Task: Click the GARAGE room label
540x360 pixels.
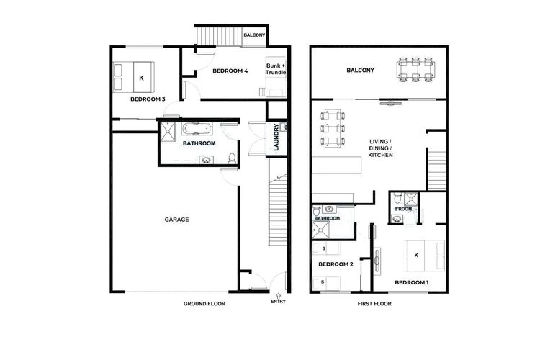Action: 176,220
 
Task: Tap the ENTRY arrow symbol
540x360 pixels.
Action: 278,295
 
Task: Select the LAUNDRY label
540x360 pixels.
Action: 276,137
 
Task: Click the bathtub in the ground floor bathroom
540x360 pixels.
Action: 197,129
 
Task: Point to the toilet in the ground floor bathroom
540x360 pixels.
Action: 232,158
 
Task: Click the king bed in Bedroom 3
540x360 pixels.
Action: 134,77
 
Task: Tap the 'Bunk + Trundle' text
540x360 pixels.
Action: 276,69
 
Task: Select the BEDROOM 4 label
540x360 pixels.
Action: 230,71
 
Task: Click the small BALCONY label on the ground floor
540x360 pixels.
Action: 254,35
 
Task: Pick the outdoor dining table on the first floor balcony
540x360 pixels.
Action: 416,70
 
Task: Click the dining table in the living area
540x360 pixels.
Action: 333,128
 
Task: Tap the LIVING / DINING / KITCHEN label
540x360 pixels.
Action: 381,148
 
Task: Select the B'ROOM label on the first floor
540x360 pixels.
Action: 403,209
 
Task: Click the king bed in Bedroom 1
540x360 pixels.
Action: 426,256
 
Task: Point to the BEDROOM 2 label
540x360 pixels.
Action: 336,264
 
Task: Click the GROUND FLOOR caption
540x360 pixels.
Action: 204,304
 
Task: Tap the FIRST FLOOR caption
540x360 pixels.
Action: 374,304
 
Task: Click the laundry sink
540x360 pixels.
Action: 283,127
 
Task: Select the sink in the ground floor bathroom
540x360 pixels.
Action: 207,160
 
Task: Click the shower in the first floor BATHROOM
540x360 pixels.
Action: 321,230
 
